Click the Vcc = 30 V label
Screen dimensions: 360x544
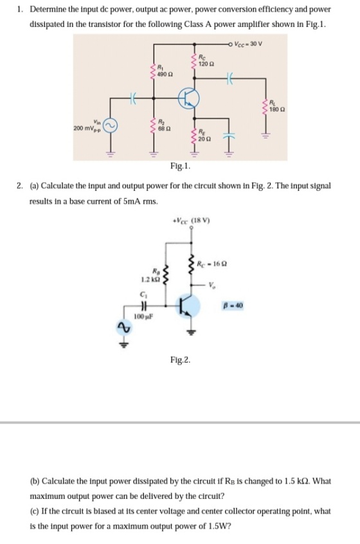248,44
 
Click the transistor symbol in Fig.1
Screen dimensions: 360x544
188,98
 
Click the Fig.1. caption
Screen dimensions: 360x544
181,166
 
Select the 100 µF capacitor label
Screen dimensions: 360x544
143,316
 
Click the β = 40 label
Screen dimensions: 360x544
235,305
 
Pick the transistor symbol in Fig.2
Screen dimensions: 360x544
188,305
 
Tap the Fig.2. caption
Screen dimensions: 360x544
181,360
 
